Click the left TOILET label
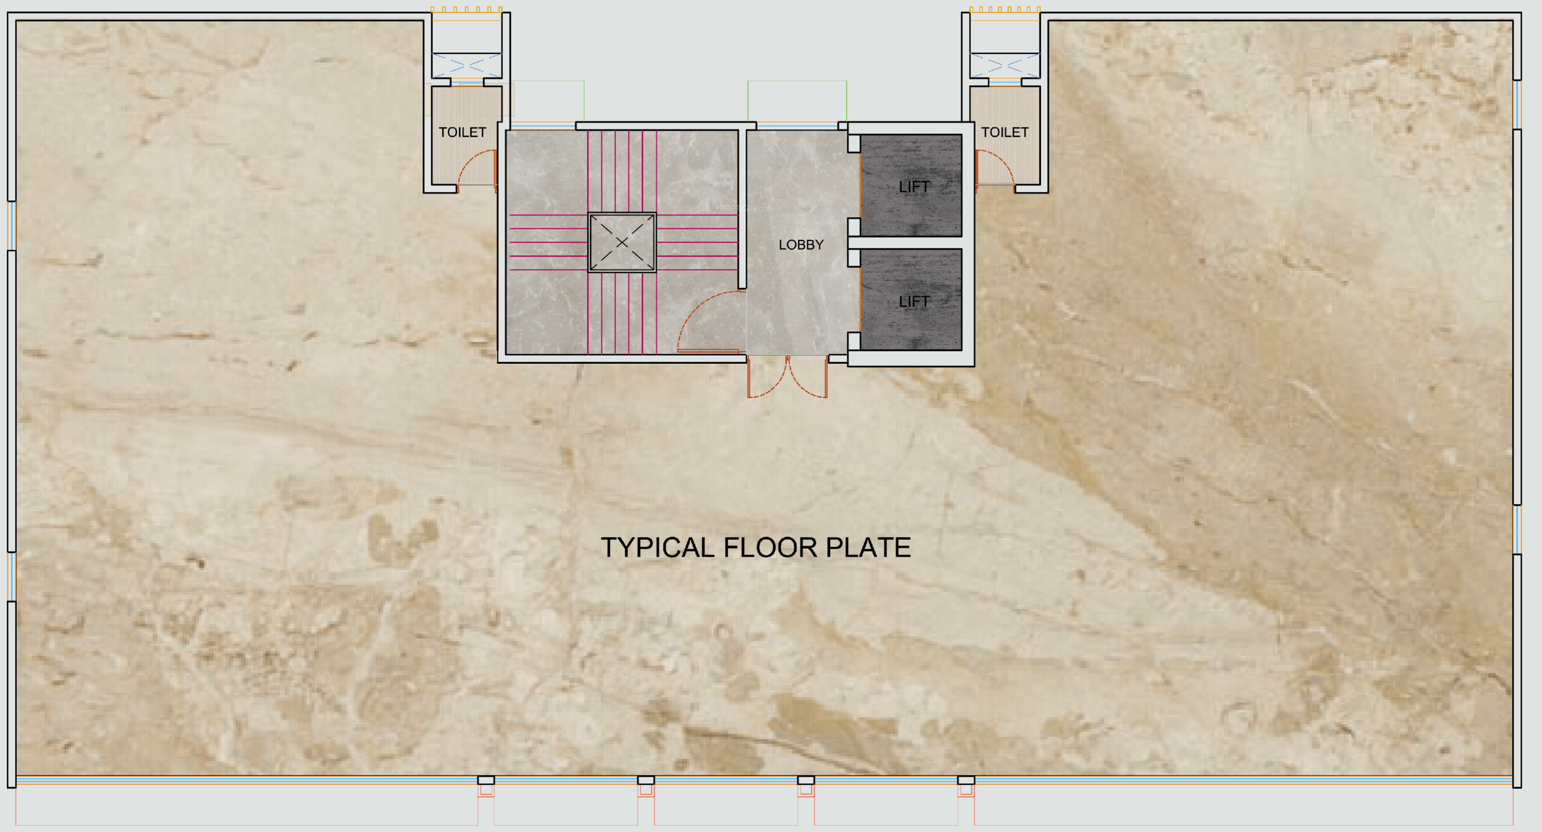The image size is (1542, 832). pyautogui.click(x=462, y=133)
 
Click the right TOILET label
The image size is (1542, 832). pyautogui.click(x=1005, y=133)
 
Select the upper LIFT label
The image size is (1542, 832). pyautogui.click(x=914, y=187)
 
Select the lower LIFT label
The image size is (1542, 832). pyautogui.click(x=914, y=302)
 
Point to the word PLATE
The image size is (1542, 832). pyautogui.click(x=869, y=548)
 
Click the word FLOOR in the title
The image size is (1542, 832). pyautogui.click(x=770, y=548)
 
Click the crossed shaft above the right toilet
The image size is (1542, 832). pyautogui.click(x=1005, y=65)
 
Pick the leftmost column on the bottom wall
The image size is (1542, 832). pyautogui.click(x=486, y=780)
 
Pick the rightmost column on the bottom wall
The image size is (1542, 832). pyautogui.click(x=966, y=780)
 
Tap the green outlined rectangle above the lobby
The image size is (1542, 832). pyautogui.click(x=797, y=102)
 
